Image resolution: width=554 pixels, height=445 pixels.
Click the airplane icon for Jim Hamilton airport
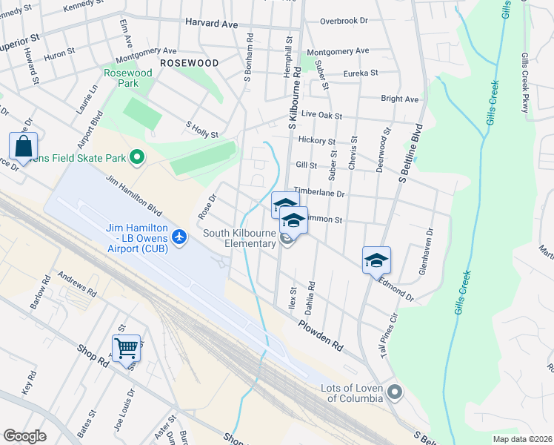tap(178, 237)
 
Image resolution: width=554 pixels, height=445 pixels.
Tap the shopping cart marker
tap(126, 347)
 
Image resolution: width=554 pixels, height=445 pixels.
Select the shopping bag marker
tap(23, 145)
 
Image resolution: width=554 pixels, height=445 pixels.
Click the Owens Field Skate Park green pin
tap(136, 156)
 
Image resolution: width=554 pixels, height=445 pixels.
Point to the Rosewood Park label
tap(127, 78)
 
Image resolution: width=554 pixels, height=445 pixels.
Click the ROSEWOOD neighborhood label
tap(189, 64)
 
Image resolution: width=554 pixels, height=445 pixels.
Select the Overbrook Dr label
tap(344, 22)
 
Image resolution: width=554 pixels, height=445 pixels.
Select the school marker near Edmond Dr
tap(376, 260)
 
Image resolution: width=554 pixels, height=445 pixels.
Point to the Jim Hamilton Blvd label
tap(134, 196)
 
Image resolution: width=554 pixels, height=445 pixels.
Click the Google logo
tap(24, 436)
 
